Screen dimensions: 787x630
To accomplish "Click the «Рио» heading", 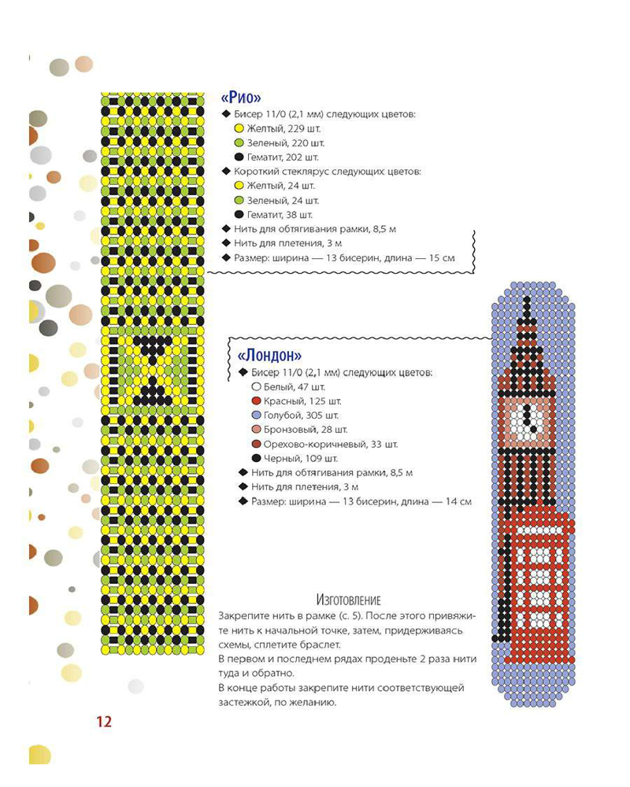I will [242, 98].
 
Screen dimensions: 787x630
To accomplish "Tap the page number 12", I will [104, 722].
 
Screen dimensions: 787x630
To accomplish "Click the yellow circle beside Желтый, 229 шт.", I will [239, 128].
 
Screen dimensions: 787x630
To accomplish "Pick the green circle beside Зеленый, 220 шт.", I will [239, 143].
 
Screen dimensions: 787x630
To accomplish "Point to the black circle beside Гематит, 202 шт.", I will [239, 157].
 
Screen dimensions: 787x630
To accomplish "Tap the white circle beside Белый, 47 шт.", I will [256, 387].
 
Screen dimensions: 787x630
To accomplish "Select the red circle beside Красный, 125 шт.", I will [256, 401].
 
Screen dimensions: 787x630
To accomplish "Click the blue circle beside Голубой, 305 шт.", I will [256, 416].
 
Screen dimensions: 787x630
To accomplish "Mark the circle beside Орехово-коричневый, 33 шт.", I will [256, 444].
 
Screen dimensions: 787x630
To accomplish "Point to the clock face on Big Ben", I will [524, 418].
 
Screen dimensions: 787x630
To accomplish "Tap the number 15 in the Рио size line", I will [432, 258].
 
